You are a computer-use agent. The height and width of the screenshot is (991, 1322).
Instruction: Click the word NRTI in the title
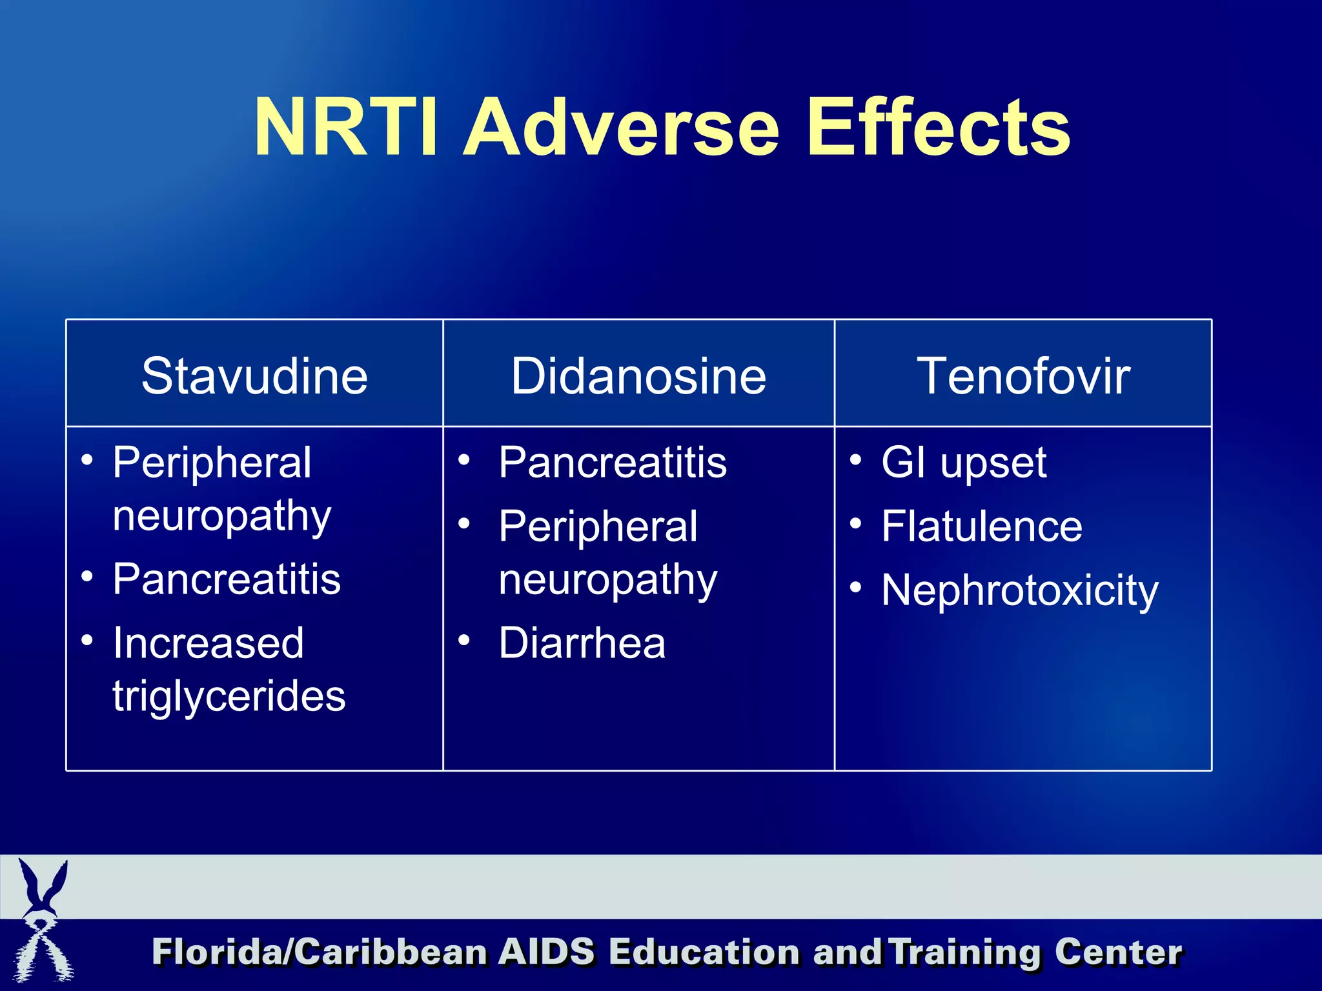tap(345, 127)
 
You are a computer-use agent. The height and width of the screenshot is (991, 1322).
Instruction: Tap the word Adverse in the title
tap(622, 127)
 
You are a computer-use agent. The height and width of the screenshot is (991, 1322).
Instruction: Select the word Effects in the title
tap(939, 127)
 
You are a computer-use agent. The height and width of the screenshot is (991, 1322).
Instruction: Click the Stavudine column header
tap(254, 375)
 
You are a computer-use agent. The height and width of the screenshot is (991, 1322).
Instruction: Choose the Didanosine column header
tap(638, 375)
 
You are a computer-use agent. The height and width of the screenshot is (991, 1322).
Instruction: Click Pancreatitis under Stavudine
tap(227, 579)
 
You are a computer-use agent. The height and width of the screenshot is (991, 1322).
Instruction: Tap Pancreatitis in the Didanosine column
tap(613, 463)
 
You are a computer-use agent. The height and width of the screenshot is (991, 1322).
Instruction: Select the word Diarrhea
tap(582, 643)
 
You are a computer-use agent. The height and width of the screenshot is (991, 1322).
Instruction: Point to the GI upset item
tap(964, 463)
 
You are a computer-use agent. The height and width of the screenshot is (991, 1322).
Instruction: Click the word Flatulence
tap(982, 526)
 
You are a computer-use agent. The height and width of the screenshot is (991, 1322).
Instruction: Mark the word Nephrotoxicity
tap(1020, 590)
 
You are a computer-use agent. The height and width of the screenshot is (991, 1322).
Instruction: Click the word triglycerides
tap(229, 697)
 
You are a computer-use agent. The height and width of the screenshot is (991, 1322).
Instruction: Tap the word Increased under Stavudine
tap(208, 643)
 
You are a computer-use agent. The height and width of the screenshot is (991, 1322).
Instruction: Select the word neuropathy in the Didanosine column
tap(607, 580)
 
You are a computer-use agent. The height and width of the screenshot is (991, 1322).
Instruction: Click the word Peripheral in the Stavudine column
tap(212, 463)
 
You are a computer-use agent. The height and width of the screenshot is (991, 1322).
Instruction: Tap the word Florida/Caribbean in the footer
tap(320, 952)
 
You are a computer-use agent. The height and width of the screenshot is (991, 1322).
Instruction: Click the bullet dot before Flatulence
tap(855, 523)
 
